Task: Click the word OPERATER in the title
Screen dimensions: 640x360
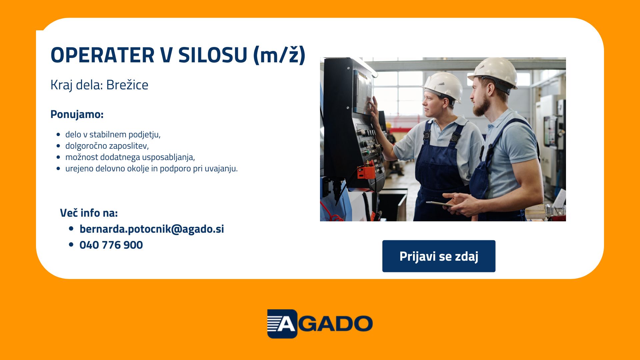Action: coord(102,55)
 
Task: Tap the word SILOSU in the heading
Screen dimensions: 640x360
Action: coord(213,55)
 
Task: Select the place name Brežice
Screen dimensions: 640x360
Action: coord(127,85)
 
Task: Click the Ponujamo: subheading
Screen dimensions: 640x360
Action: coord(77,114)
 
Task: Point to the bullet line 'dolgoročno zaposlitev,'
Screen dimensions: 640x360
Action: coord(107,146)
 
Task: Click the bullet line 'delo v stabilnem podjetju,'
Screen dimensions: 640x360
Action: coord(113,134)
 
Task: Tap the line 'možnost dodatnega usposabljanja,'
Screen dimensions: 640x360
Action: coord(130,157)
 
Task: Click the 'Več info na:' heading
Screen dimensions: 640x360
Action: coord(89,213)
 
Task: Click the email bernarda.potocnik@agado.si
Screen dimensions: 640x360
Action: coord(152,229)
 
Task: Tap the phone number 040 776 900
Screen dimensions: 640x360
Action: coord(111,245)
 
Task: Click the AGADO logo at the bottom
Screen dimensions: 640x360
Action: coord(320,324)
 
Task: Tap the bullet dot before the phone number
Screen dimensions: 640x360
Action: coord(71,245)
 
